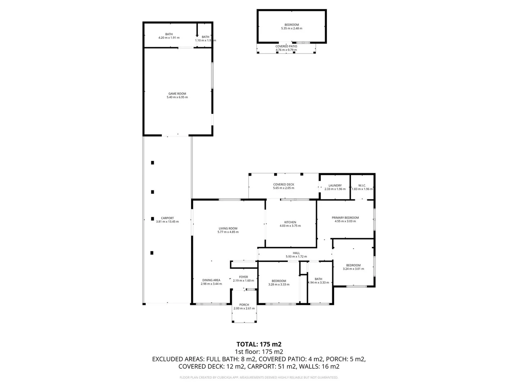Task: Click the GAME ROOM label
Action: click(x=177, y=94)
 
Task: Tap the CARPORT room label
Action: click(x=167, y=218)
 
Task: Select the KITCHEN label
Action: click(x=290, y=222)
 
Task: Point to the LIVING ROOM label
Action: click(x=228, y=228)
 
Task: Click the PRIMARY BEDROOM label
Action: click(x=345, y=218)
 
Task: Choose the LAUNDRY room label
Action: click(x=335, y=186)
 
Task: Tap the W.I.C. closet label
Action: click(x=362, y=186)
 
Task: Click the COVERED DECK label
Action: click(x=283, y=185)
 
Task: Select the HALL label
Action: click(x=296, y=253)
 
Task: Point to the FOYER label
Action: click(x=243, y=277)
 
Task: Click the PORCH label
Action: click(x=244, y=305)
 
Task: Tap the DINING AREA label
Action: click(x=211, y=280)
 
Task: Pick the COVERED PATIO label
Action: click(x=286, y=46)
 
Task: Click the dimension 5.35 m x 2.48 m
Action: click(x=291, y=28)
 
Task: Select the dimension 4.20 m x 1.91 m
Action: click(x=169, y=38)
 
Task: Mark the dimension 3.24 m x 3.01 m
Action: click(x=353, y=269)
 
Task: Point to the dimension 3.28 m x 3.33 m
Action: click(x=279, y=285)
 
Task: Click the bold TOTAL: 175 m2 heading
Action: click(x=259, y=344)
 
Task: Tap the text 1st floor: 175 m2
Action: click(x=259, y=352)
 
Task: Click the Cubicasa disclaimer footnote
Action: click(x=259, y=378)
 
